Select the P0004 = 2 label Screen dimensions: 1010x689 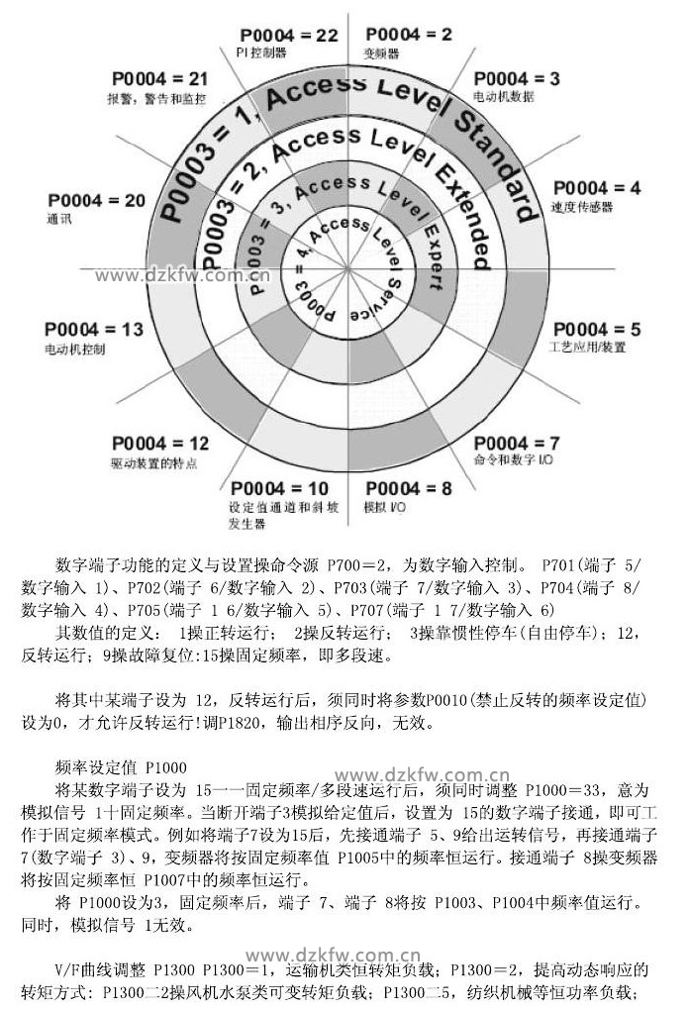click(407, 35)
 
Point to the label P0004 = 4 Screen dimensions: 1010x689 click(597, 188)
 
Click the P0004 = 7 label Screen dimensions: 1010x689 click(517, 443)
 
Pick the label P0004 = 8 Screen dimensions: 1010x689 click(408, 488)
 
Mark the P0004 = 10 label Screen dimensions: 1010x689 click(279, 488)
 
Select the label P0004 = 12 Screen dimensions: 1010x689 click(160, 443)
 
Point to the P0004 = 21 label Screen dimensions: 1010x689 click(160, 78)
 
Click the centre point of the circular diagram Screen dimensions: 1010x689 click(345, 269)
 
